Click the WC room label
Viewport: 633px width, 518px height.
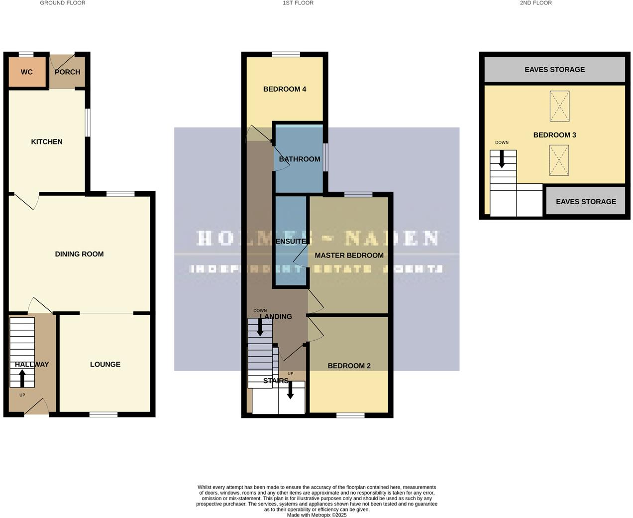pos(27,72)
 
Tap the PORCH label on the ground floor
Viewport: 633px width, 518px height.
pos(68,72)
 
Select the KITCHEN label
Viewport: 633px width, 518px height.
pos(47,142)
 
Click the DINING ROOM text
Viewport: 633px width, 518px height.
pos(79,254)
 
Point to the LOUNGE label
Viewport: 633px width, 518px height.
pos(105,365)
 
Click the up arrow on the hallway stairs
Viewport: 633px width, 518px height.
pos(22,379)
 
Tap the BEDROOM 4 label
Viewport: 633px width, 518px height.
pos(285,89)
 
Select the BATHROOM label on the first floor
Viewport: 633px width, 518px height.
pos(300,159)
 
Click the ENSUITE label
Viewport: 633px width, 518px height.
pos(291,242)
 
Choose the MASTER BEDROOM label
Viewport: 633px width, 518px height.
pos(349,256)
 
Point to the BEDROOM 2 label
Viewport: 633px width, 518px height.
pos(349,366)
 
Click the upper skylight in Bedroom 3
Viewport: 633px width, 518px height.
pos(559,106)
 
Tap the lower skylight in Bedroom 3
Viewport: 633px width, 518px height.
pos(559,160)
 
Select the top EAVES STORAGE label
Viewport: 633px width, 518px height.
pos(554,70)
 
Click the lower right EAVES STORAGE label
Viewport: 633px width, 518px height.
pos(586,202)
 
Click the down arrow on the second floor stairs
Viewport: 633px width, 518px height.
pos(502,159)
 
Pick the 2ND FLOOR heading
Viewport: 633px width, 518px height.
pos(535,3)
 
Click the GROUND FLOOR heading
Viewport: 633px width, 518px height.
pos(63,3)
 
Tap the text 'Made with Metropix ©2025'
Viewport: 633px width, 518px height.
pos(316,515)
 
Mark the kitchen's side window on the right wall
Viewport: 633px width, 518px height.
pos(88,123)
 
